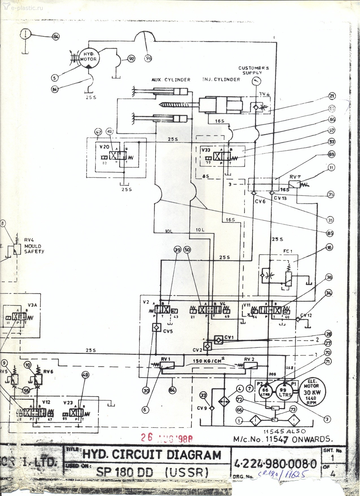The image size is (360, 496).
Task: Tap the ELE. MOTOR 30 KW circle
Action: (x=311, y=391)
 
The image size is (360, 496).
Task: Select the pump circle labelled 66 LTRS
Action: (x=265, y=391)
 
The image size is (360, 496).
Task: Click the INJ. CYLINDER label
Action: (x=221, y=80)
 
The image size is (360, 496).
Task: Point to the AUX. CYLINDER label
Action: (x=171, y=80)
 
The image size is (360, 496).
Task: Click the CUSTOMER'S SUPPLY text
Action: (x=253, y=70)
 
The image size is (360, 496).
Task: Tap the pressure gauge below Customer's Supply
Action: (x=256, y=81)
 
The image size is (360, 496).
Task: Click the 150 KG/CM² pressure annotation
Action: (x=208, y=360)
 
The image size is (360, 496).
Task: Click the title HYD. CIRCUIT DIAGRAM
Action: (x=152, y=455)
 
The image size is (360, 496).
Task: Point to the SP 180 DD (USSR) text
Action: (x=152, y=472)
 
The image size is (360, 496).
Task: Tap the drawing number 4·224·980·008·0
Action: (x=276, y=464)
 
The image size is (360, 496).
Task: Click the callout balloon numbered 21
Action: (x=332, y=96)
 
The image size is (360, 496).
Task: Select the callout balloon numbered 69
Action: (x=331, y=154)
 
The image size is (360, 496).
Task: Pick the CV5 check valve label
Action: (x=168, y=331)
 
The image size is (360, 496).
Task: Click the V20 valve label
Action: (x=104, y=147)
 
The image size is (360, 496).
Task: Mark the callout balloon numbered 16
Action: (x=329, y=247)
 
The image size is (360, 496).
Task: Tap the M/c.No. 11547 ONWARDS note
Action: (x=283, y=439)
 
